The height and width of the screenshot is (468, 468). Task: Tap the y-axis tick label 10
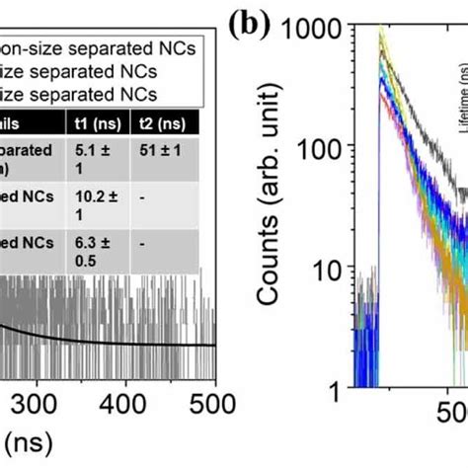[x=349, y=271]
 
